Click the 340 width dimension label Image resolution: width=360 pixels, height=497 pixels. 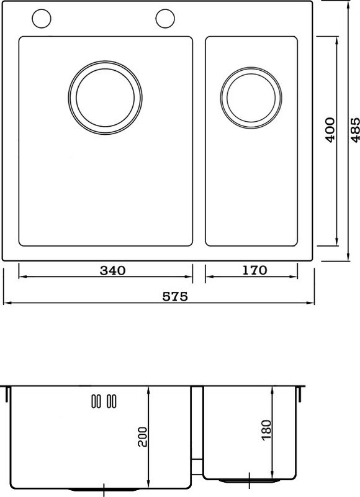[113, 270]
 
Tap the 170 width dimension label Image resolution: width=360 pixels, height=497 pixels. [254, 270]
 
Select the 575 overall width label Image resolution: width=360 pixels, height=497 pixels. [175, 296]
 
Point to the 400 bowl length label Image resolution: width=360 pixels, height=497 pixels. [330, 130]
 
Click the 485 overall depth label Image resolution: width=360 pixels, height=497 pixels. [356, 130]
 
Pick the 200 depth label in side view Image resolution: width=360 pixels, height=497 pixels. [143, 437]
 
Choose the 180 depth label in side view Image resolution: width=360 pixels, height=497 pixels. [267, 430]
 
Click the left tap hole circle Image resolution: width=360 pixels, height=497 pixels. [42, 19]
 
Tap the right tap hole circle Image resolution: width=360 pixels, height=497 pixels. [165, 19]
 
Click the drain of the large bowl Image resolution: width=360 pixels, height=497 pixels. [105, 98]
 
